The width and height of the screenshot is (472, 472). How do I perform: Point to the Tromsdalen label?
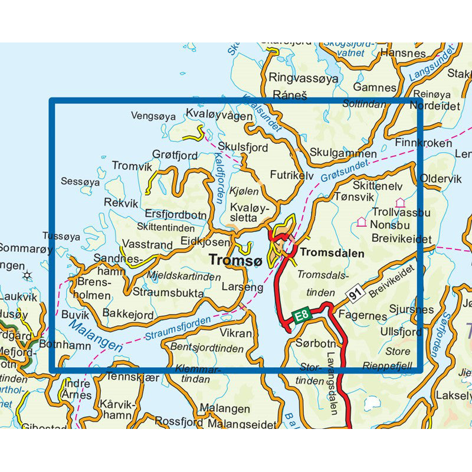pyautogui.click(x=332, y=253)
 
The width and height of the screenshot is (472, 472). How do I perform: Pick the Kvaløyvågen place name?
pyautogui.click(x=218, y=115)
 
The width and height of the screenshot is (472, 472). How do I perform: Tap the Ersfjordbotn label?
pyautogui.click(x=175, y=215)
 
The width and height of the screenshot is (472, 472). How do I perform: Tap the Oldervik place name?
pyautogui.click(x=440, y=178)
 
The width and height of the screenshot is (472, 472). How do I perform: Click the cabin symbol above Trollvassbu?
pyautogui.click(x=400, y=202)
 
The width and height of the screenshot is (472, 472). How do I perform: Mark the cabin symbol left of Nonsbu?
pyautogui.click(x=361, y=222)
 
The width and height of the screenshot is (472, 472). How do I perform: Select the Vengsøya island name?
pyautogui.click(x=153, y=117)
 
